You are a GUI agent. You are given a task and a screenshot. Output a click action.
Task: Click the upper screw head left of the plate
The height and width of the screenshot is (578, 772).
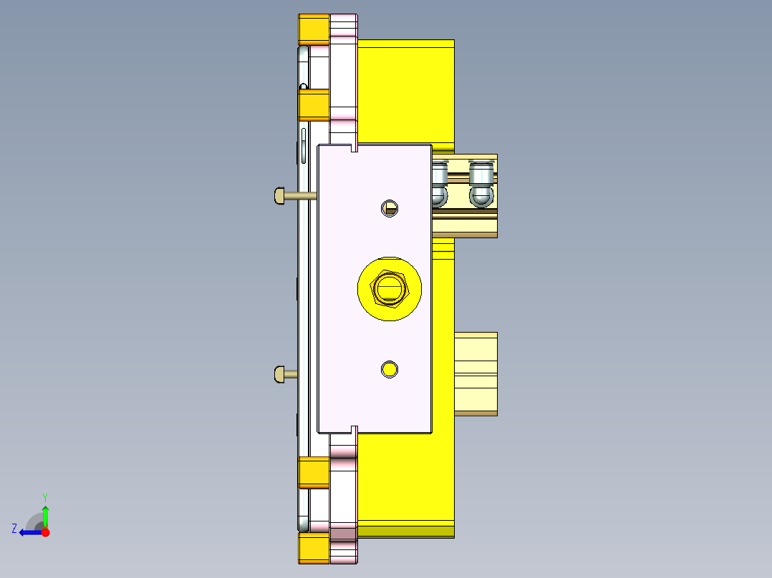pos(280,195)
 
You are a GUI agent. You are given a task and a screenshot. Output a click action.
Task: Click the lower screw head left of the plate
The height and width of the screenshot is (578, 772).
pos(280,373)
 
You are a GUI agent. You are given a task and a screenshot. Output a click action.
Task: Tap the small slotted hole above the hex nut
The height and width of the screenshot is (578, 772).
pos(390,208)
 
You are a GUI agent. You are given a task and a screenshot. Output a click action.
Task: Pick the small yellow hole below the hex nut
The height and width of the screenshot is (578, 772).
pos(390,369)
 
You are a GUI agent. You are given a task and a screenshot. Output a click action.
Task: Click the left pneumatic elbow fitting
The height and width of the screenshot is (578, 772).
pos(439,185)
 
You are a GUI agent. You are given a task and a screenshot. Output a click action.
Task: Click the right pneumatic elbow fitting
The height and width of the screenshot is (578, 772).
pos(481,185)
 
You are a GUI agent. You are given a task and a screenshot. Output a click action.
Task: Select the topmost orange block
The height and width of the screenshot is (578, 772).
pos(314,29)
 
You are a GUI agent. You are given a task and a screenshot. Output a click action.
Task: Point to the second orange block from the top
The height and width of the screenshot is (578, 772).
pos(314,105)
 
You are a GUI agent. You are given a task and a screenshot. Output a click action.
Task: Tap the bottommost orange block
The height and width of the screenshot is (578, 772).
pos(314,549)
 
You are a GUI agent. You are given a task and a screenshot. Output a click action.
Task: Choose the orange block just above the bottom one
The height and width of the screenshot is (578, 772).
pos(314,472)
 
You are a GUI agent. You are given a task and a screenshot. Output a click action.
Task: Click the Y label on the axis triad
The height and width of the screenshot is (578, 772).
pos(45,496)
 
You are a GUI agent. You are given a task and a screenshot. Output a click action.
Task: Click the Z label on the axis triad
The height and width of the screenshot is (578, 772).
pos(14,528)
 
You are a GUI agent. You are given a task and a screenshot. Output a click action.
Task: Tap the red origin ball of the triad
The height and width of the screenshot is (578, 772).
pos(45,532)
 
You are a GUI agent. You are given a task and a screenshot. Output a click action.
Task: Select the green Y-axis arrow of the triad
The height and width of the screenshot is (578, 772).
pos(45,515)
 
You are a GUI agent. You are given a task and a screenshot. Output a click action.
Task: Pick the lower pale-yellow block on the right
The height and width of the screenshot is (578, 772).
pos(476,373)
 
